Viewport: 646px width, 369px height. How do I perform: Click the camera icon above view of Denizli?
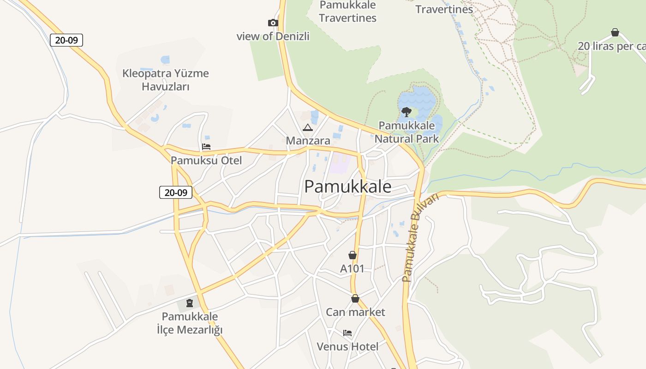[x=273, y=23]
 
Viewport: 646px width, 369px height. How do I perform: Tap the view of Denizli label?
[x=273, y=36]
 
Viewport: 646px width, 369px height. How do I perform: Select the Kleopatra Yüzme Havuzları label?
[x=166, y=80]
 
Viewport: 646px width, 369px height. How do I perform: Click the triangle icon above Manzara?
[x=308, y=127]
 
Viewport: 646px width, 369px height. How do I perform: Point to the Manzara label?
[x=308, y=140]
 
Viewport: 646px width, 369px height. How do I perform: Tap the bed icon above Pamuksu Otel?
[x=206, y=147]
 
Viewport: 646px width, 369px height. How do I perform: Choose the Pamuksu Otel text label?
[x=206, y=161]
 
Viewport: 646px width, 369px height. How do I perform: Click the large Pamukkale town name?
[x=348, y=186]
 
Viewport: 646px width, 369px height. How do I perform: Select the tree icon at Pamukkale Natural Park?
[x=406, y=112]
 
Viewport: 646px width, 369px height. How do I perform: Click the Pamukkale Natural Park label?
[x=407, y=132]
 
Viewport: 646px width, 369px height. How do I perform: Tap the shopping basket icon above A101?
[x=353, y=255]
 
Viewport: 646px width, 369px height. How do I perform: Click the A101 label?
[x=352, y=268]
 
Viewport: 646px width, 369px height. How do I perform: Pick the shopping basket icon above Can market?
[x=355, y=299]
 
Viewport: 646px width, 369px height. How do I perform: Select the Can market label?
[x=355, y=312]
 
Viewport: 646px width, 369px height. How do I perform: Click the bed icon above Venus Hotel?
[x=347, y=333]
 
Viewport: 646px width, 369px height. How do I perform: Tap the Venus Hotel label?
[x=347, y=346]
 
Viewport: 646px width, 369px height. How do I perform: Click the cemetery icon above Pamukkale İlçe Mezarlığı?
[x=189, y=303]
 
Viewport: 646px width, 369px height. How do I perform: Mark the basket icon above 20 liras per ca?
[x=615, y=32]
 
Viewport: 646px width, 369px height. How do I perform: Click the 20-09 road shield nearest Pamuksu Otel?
[x=176, y=192]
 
